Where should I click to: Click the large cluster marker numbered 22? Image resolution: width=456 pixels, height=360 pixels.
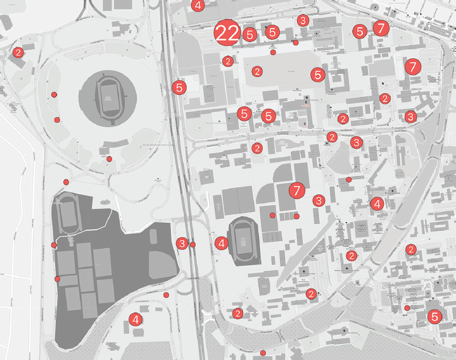(x=227, y=34)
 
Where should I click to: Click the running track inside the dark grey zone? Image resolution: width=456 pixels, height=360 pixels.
(x=66, y=214)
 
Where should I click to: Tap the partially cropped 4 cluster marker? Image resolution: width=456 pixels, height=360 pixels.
(x=198, y=6)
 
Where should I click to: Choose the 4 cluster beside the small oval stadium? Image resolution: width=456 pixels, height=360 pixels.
(x=221, y=242)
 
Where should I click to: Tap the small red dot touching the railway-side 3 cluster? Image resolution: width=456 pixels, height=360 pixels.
(x=193, y=244)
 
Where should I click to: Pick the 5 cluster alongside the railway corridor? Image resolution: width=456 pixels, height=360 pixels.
(x=180, y=87)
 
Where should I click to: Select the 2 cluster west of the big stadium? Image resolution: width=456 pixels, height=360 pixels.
(x=18, y=53)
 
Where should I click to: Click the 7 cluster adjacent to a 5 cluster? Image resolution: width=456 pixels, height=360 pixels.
(x=380, y=28)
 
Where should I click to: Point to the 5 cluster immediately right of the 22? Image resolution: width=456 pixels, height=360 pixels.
(x=250, y=35)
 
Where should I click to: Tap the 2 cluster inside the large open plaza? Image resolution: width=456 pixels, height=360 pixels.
(x=257, y=71)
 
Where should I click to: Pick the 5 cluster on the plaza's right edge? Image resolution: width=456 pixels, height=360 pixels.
(x=318, y=74)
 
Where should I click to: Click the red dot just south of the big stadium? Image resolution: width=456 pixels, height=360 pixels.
(x=109, y=159)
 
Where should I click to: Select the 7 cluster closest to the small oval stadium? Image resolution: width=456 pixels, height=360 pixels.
(x=296, y=189)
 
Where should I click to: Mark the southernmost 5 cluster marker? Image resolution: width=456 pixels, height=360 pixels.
(x=434, y=317)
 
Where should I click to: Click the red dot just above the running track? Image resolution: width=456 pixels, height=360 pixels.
(x=66, y=182)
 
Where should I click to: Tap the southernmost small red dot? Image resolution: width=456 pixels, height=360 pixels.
(x=263, y=352)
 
